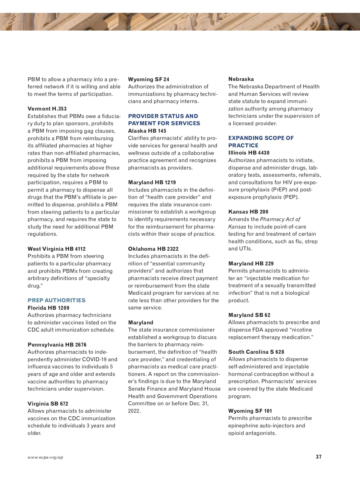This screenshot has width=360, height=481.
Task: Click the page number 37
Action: point(319,457)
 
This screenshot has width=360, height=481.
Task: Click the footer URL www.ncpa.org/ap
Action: point(45,457)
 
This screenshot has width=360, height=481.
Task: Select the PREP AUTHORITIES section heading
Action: point(56,300)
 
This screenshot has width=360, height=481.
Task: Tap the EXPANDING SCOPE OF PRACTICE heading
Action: point(261,142)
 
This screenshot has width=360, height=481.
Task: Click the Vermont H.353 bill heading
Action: point(47,109)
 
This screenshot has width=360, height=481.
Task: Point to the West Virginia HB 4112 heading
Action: point(56,249)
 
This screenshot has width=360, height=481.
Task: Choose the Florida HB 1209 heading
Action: point(48,308)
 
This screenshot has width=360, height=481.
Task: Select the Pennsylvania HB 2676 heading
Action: point(57,345)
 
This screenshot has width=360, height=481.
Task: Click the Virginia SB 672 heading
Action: point(48,404)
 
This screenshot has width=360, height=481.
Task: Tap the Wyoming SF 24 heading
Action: point(148,79)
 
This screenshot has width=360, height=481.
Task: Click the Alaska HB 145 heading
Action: point(147,131)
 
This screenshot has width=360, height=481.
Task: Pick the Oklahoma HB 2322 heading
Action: point(153,249)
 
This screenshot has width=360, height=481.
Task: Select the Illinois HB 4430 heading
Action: point(249,153)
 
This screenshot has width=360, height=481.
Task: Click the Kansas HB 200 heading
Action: point(248,212)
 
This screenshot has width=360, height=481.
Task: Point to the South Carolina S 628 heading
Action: point(256,352)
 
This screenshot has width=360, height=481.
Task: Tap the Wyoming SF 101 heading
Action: point(250,411)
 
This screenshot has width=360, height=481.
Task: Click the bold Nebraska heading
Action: point(241,79)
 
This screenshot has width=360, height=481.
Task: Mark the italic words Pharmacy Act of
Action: point(280,219)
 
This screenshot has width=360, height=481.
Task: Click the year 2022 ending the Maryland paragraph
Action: point(134,411)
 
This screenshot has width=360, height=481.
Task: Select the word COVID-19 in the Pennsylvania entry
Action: point(94,359)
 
